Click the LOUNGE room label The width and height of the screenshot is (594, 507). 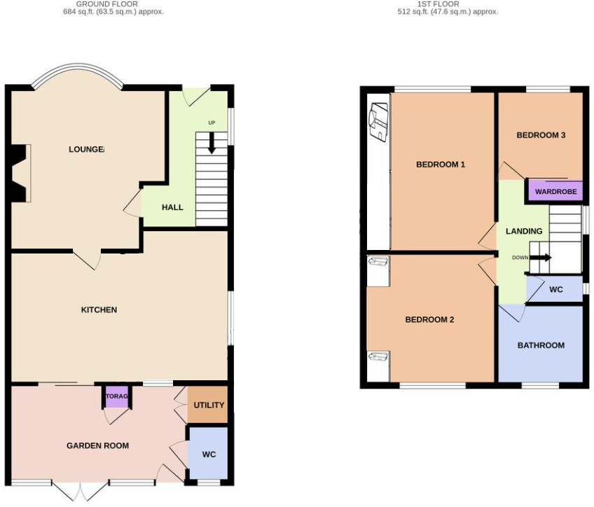click(x=86, y=149)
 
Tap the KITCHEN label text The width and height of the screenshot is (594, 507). click(x=99, y=310)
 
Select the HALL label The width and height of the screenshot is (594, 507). click(x=172, y=207)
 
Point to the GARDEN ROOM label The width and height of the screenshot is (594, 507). click(x=97, y=445)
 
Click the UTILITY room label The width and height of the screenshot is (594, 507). click(x=209, y=405)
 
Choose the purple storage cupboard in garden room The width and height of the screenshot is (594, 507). click(x=117, y=396)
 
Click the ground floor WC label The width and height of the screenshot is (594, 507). click(x=209, y=454)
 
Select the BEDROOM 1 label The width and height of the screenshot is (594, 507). click(x=441, y=165)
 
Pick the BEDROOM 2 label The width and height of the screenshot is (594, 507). click(x=429, y=319)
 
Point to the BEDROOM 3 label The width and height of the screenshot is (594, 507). click(x=541, y=135)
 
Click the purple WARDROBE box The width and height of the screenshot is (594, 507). click(x=555, y=190)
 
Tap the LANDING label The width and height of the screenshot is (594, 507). click(x=524, y=231)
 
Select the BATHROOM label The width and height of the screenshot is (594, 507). click(x=541, y=345)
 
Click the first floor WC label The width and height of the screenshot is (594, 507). click(x=555, y=289)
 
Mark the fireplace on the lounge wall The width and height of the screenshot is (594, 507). click(x=20, y=173)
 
